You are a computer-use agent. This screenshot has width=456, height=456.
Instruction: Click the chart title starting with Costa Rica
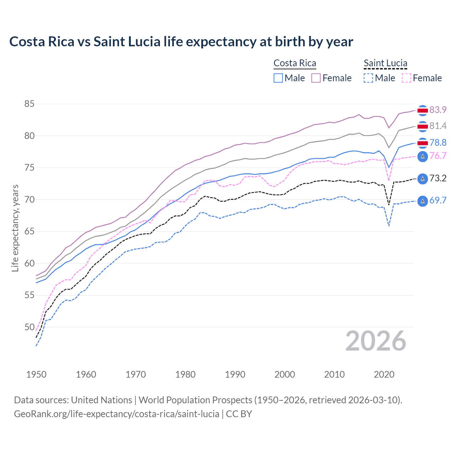pos(181,42)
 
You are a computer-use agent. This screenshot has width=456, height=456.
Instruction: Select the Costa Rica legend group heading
pos(295,63)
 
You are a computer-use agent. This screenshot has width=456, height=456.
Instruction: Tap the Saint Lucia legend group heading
pos(385,63)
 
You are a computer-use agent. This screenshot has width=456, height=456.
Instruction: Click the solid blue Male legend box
pos(278,78)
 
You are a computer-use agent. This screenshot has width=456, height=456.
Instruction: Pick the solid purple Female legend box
pos(316,78)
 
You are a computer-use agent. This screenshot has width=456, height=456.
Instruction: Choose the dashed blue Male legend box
pos(368,78)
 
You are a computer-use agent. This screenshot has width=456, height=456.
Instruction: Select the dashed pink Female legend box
pos(406,78)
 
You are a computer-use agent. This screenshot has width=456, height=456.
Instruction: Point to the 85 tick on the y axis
pos(29,104)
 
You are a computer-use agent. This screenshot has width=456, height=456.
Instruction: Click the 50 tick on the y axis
pos(29,327)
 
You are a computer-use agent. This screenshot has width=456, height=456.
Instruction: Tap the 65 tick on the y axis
pos(29,232)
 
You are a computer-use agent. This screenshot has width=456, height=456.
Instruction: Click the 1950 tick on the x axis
pos(36,374)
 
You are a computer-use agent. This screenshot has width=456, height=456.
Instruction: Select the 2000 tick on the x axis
pos(285,374)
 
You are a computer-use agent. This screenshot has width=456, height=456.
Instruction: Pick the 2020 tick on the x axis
pos(384,374)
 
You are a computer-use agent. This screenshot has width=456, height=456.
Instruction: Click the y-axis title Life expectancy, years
pos(15,228)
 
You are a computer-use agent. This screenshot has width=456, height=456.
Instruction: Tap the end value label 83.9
pos(438,110)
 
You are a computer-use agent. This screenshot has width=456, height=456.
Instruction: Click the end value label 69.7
pos(438,200)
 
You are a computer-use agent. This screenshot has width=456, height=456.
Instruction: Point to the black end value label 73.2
pos(438,178)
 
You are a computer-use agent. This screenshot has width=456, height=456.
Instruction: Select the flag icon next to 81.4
pos(423,126)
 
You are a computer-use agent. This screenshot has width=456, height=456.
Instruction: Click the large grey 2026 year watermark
pos(375,341)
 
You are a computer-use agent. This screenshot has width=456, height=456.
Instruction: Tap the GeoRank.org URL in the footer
pos(116,414)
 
